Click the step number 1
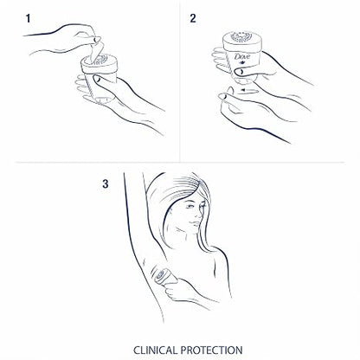tap(28, 19)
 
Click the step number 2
tap(193, 18)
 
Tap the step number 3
tap(106, 183)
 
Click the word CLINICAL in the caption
tap(155, 350)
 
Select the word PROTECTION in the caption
tap(211, 350)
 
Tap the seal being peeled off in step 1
tap(96, 52)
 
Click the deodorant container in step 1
tap(100, 79)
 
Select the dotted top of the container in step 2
tap(241, 37)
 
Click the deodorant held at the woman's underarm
tap(163, 275)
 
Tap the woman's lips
tap(196, 223)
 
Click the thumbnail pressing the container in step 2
tap(239, 72)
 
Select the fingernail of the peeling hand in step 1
tap(97, 38)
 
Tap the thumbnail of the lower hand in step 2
tap(222, 96)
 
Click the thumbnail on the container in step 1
tap(97, 79)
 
